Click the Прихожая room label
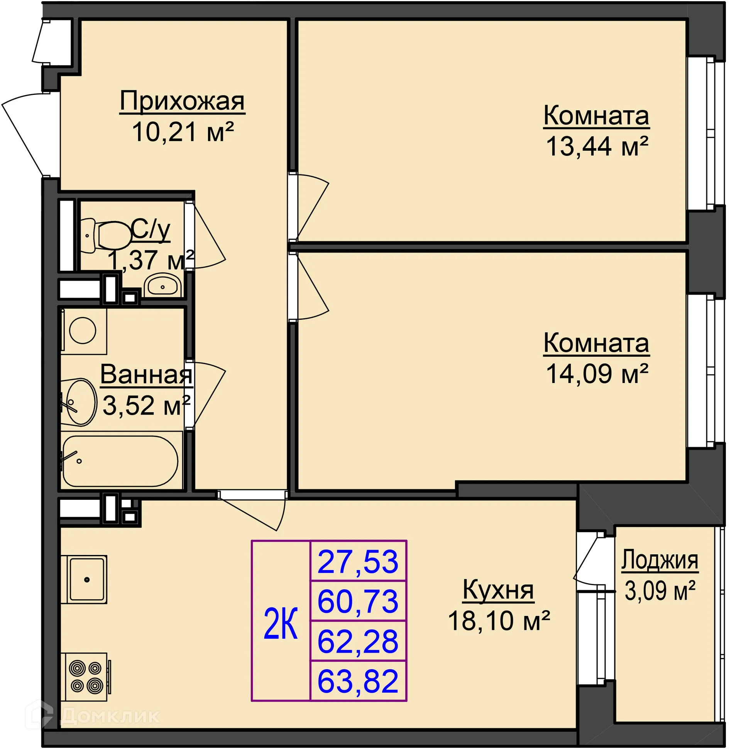coord(182,101)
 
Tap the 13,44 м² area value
coord(597,147)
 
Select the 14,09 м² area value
coord(597,374)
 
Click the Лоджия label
coord(660,560)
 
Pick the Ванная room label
coord(146,375)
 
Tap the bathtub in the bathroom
coord(120,461)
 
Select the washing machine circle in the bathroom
coord(83,330)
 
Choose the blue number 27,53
coord(358,562)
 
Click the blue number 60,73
coord(358,602)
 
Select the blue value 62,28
coord(358,642)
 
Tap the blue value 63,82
coord(358,682)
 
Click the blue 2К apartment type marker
coord(281,623)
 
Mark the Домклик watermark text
coord(110,716)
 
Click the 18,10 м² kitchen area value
coord(499,621)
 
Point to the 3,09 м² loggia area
coord(660,591)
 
